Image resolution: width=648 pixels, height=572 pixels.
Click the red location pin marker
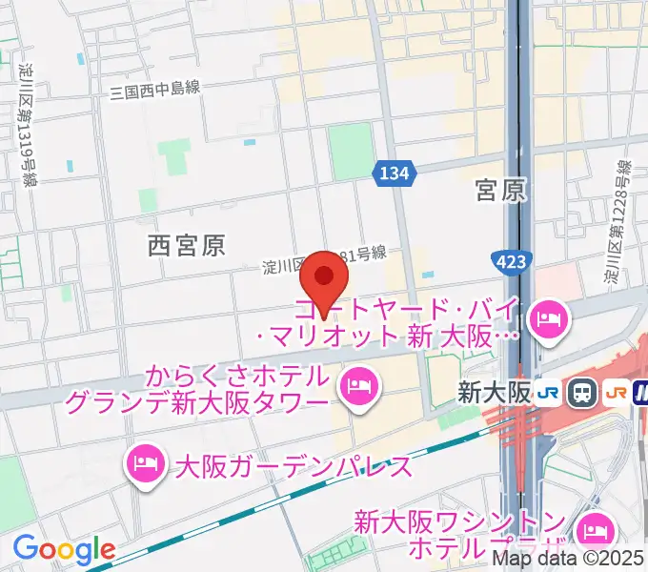tap(324, 278)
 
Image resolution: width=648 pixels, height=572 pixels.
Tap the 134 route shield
tap(394, 173)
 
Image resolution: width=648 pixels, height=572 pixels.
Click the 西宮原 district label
tap(187, 246)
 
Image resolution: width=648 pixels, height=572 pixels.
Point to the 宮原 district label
tap(500, 191)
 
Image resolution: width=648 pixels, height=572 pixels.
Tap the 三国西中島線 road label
tap(154, 91)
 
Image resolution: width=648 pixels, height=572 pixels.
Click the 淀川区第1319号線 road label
tap(26, 124)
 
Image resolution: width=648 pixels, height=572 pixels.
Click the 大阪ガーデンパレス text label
tap(294, 466)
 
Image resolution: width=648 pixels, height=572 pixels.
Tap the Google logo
tap(63, 549)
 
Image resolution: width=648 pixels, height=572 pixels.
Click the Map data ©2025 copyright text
tap(568, 560)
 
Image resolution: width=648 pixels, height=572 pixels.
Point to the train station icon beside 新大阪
tap(580, 392)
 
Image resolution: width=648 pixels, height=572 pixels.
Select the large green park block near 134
tap(351, 150)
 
